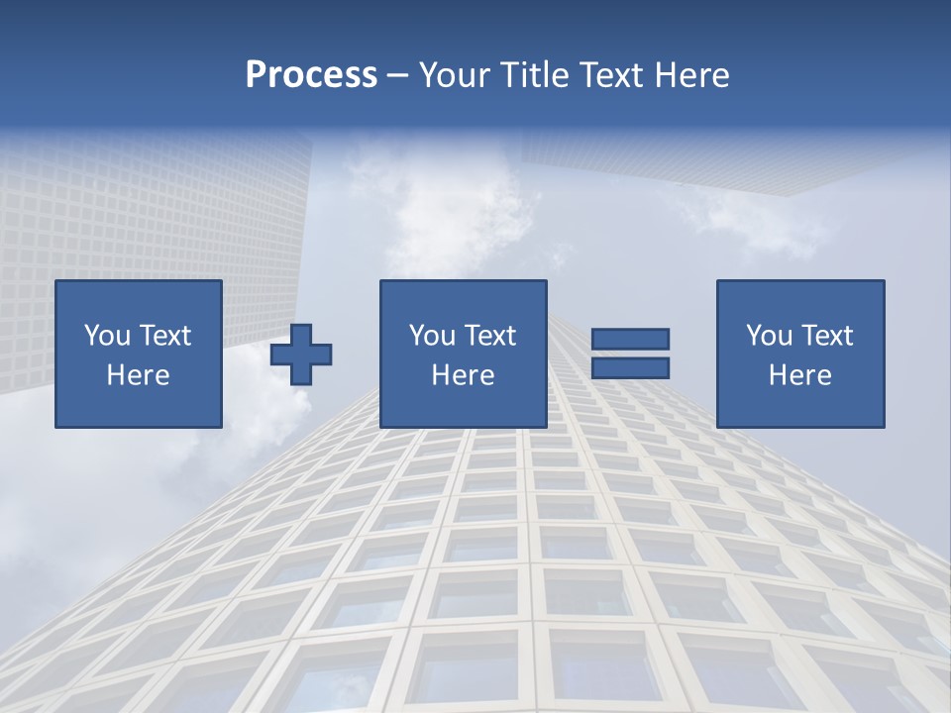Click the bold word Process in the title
pyautogui.click(x=311, y=75)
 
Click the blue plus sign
pyautogui.click(x=301, y=355)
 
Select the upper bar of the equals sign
pyautogui.click(x=630, y=339)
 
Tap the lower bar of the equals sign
pyautogui.click(x=630, y=367)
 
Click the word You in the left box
pyautogui.click(x=107, y=336)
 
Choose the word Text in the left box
pyautogui.click(x=164, y=336)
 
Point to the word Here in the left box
pyautogui.click(x=138, y=375)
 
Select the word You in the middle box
pyautogui.click(x=432, y=336)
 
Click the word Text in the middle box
pyautogui.click(x=489, y=336)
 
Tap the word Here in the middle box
pyautogui.click(x=463, y=375)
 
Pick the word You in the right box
pyautogui.click(x=769, y=336)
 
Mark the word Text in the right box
pyautogui.click(x=826, y=336)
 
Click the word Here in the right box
pyautogui.click(x=799, y=375)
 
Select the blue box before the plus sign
pyautogui.click(x=138, y=406)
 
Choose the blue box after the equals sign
pyautogui.click(x=799, y=406)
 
